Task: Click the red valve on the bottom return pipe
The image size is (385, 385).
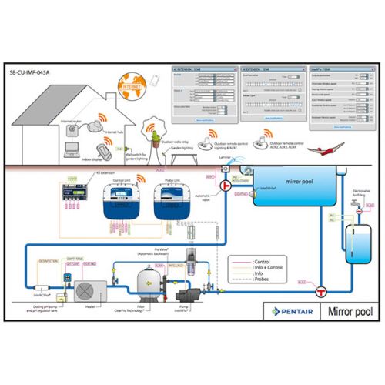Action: tap(322, 290)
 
